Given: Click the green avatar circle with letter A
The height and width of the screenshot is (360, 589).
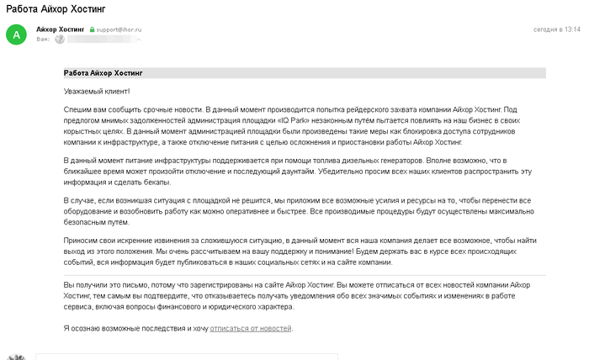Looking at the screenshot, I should click(x=16, y=34).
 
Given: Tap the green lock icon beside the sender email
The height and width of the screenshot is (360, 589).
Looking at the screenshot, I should click(x=93, y=29).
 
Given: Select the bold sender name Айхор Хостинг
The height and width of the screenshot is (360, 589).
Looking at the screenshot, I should click(x=61, y=29).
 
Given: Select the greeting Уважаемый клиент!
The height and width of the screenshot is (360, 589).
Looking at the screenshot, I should click(x=97, y=91).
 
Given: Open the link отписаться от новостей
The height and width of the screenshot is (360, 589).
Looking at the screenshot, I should click(x=251, y=327).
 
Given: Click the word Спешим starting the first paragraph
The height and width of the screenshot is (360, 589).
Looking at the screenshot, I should click(x=77, y=109).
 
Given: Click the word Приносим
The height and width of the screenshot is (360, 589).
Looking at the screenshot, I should click(x=81, y=241).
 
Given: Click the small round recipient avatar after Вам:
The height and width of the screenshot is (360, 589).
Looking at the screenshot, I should click(x=58, y=40).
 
